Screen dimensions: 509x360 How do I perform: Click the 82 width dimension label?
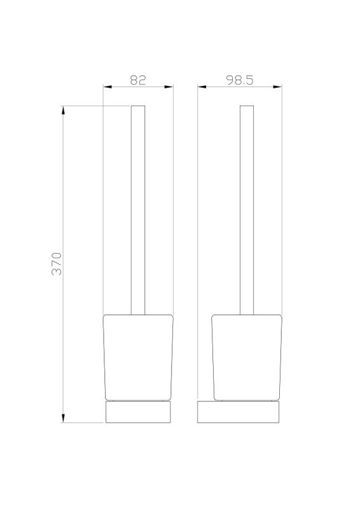tap(138, 80)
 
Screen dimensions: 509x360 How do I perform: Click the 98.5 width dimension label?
tap(240, 80)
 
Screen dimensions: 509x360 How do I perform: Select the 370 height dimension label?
tap(56, 263)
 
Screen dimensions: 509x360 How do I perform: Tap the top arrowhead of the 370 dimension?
tap(63, 110)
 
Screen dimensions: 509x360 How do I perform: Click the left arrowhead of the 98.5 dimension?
tap(202, 88)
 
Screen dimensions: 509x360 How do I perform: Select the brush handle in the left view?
tap(138, 210)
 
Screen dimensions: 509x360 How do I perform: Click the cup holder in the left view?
tap(138, 356)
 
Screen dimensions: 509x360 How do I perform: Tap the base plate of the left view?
tap(138, 412)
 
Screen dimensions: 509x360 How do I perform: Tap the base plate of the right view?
tap(239, 412)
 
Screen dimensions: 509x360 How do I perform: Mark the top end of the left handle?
tap(138, 106)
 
